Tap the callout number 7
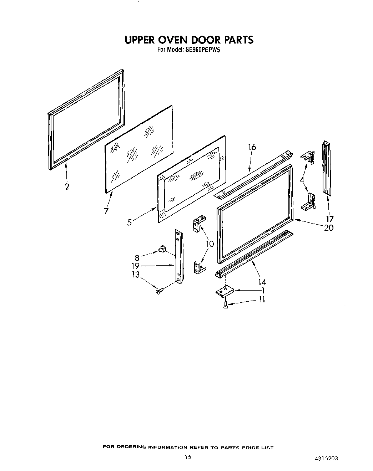pyautogui.click(x=106, y=211)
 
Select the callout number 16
pyautogui.click(x=252, y=147)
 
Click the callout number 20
pyautogui.click(x=328, y=227)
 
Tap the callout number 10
pyautogui.click(x=210, y=244)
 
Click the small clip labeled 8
pyautogui.click(x=162, y=248)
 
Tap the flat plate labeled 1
pyautogui.click(x=224, y=291)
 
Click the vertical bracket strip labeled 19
pyautogui.click(x=178, y=257)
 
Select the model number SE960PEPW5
pyautogui.click(x=203, y=50)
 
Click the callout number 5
pyautogui.click(x=130, y=222)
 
